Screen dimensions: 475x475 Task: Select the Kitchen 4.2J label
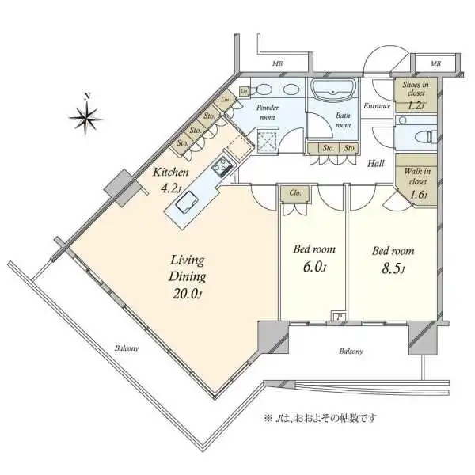click(x=171, y=180)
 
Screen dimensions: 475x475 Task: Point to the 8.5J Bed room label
click(x=390, y=257)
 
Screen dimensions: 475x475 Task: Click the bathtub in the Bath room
click(x=333, y=90)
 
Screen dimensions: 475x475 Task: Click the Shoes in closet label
click(x=414, y=94)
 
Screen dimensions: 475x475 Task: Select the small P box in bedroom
click(x=339, y=316)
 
